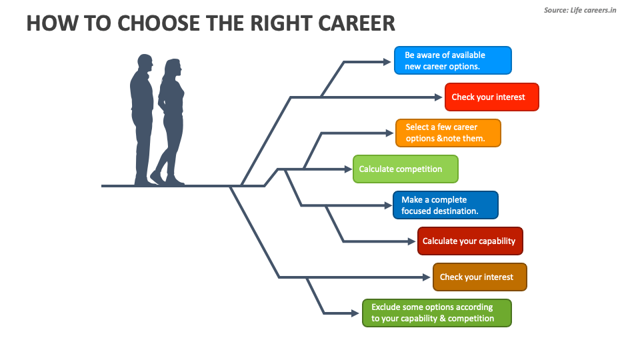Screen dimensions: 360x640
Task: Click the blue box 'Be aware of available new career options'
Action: pyautogui.click(x=453, y=61)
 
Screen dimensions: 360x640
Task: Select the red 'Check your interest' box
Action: pyautogui.click(x=491, y=97)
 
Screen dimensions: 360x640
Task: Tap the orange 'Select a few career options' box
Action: pyautogui.click(x=447, y=133)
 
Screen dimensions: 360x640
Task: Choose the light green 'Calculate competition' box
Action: pyautogui.click(x=405, y=169)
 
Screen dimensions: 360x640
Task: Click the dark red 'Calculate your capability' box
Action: pyautogui.click(x=470, y=241)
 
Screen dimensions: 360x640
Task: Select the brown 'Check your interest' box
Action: pyautogui.click(x=479, y=277)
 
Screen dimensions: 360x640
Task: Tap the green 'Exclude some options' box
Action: pyautogui.click(x=437, y=313)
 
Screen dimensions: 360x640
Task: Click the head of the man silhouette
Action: pyautogui.click(x=145, y=64)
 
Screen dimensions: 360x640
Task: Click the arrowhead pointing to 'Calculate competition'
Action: pyautogui.click(x=347, y=169)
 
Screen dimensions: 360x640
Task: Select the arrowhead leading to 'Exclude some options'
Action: pyautogui.click(x=357, y=313)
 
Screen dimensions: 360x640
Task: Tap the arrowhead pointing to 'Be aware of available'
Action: pyautogui.click(x=387, y=61)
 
